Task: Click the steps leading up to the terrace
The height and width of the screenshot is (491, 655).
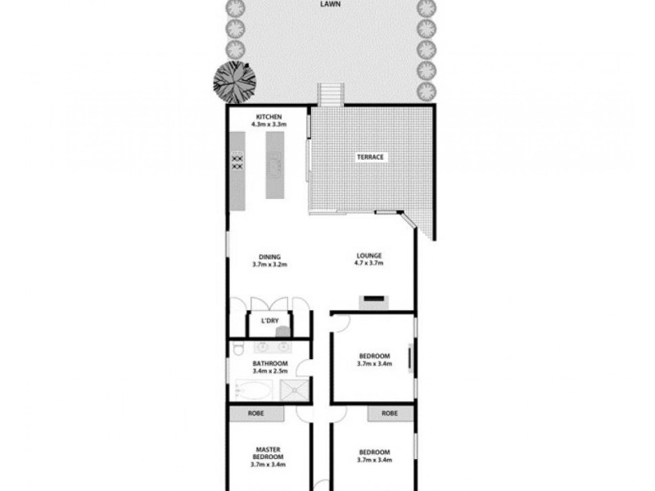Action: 328,95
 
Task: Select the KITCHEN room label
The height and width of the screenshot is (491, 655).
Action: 269,115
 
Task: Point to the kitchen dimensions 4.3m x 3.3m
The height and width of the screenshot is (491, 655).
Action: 269,124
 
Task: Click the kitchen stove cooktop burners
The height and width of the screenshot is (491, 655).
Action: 238,161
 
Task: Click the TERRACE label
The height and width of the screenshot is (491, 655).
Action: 369,157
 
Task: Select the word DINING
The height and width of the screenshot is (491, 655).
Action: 269,256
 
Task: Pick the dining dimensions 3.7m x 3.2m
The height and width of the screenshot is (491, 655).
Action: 269,265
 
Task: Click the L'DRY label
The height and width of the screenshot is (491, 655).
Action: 269,321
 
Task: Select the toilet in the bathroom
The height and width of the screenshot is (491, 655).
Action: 237,350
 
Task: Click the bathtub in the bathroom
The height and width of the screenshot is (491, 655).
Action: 253,390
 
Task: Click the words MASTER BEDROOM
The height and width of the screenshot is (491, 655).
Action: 269,453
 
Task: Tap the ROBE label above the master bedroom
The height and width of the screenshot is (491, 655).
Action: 269,414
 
